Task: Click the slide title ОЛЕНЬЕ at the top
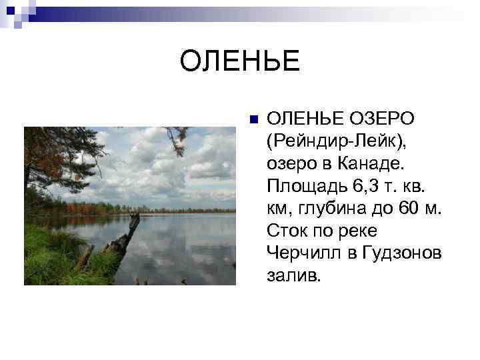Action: coord(240,62)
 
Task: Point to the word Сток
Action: coord(287,231)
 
